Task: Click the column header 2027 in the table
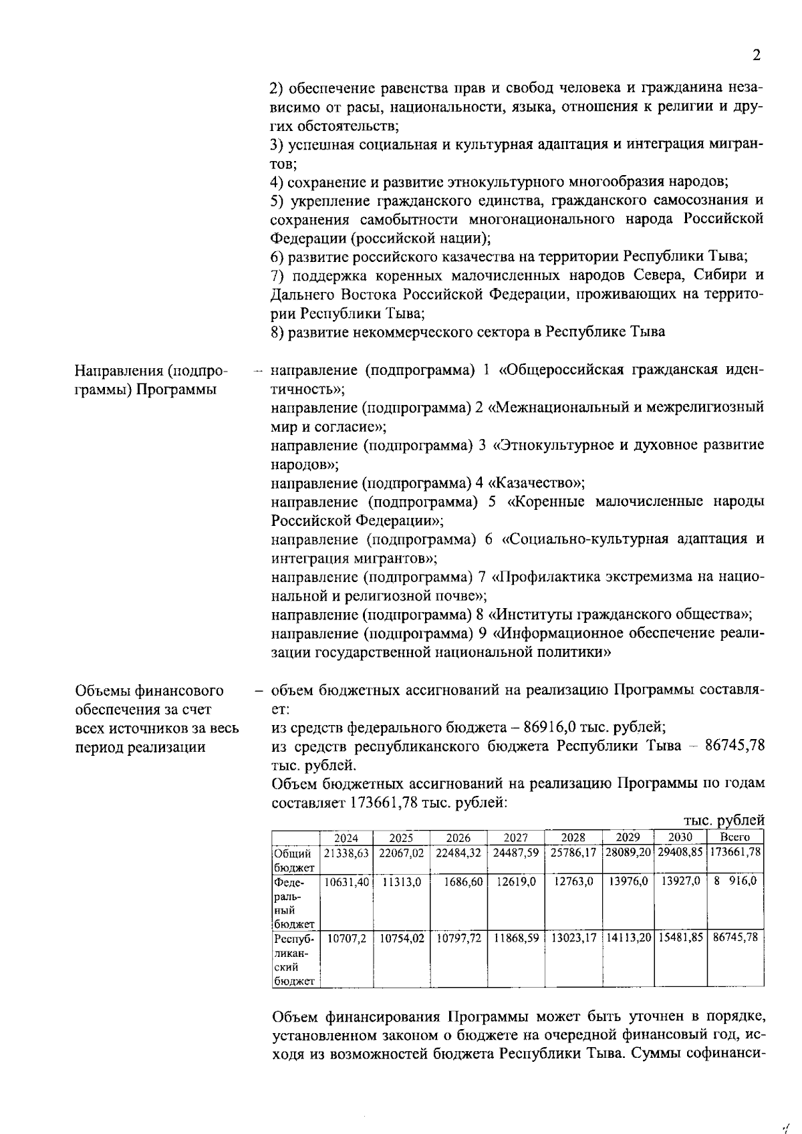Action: pyautogui.click(x=515, y=837)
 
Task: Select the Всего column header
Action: pyautogui.click(x=734, y=837)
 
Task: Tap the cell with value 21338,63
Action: pyautogui.click(x=346, y=853)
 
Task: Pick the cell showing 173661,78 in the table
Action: pyautogui.click(x=735, y=853)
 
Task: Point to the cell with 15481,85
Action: pyautogui.click(x=680, y=938)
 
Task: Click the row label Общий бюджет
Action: pyautogui.click(x=293, y=860)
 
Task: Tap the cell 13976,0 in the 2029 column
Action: pyautogui.click(x=628, y=881)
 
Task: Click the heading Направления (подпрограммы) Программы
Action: pyautogui.click(x=150, y=380)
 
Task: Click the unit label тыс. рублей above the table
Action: pyautogui.click(x=723, y=820)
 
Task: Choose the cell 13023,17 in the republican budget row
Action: pyautogui.click(x=573, y=938)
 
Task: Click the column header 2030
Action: pyautogui.click(x=680, y=837)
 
